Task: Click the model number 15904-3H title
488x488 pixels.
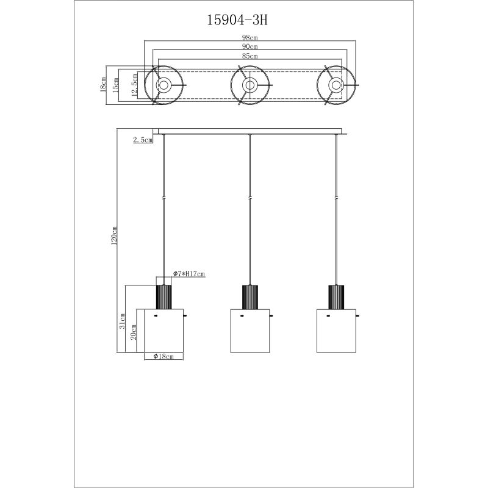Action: tap(237, 21)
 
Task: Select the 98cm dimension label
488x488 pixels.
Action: tap(250, 38)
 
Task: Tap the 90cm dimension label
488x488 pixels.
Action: tap(250, 46)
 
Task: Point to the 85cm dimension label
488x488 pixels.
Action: tap(250, 56)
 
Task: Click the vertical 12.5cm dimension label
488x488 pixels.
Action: tap(134, 85)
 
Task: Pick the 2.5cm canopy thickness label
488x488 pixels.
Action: tap(143, 140)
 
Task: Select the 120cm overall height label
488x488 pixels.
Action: tap(114, 235)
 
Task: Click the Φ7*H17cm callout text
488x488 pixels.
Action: tap(189, 274)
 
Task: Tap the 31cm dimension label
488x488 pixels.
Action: tap(123, 321)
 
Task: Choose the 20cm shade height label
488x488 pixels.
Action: tap(134, 332)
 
